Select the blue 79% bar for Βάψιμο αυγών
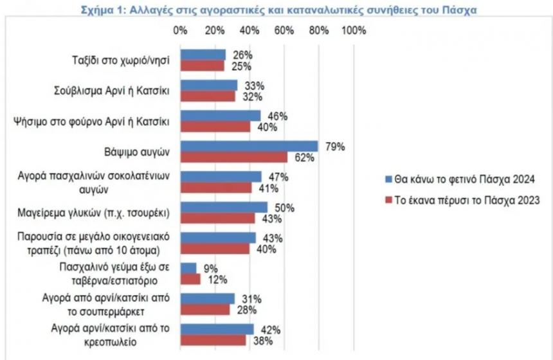pyautogui.click(x=249, y=146)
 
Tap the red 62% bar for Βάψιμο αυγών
pyautogui.click(x=234, y=157)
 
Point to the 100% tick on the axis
pyautogui.click(x=353, y=31)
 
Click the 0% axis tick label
pyautogui.click(x=181, y=31)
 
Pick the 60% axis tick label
pyautogui.click(x=284, y=31)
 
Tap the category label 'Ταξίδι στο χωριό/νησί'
pyautogui.click(x=120, y=60)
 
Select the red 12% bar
pyautogui.click(x=191, y=279)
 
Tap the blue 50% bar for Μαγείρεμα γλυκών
pyautogui.click(x=224, y=207)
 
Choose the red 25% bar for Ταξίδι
pyautogui.click(x=203, y=66)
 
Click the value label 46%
pyautogui.click(x=277, y=116)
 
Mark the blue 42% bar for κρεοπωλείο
pyautogui.click(x=217, y=329)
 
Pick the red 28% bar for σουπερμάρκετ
pyautogui.click(x=205, y=309)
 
